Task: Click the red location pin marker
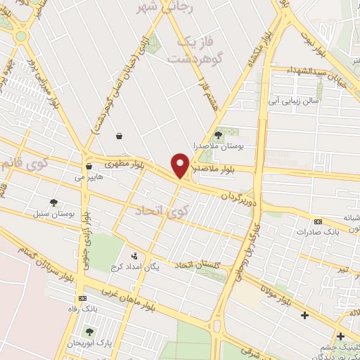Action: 181,165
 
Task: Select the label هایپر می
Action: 89,177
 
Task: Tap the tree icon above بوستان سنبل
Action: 53,202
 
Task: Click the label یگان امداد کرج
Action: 135,268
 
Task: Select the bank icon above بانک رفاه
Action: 82,297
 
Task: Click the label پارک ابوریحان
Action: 87,342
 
